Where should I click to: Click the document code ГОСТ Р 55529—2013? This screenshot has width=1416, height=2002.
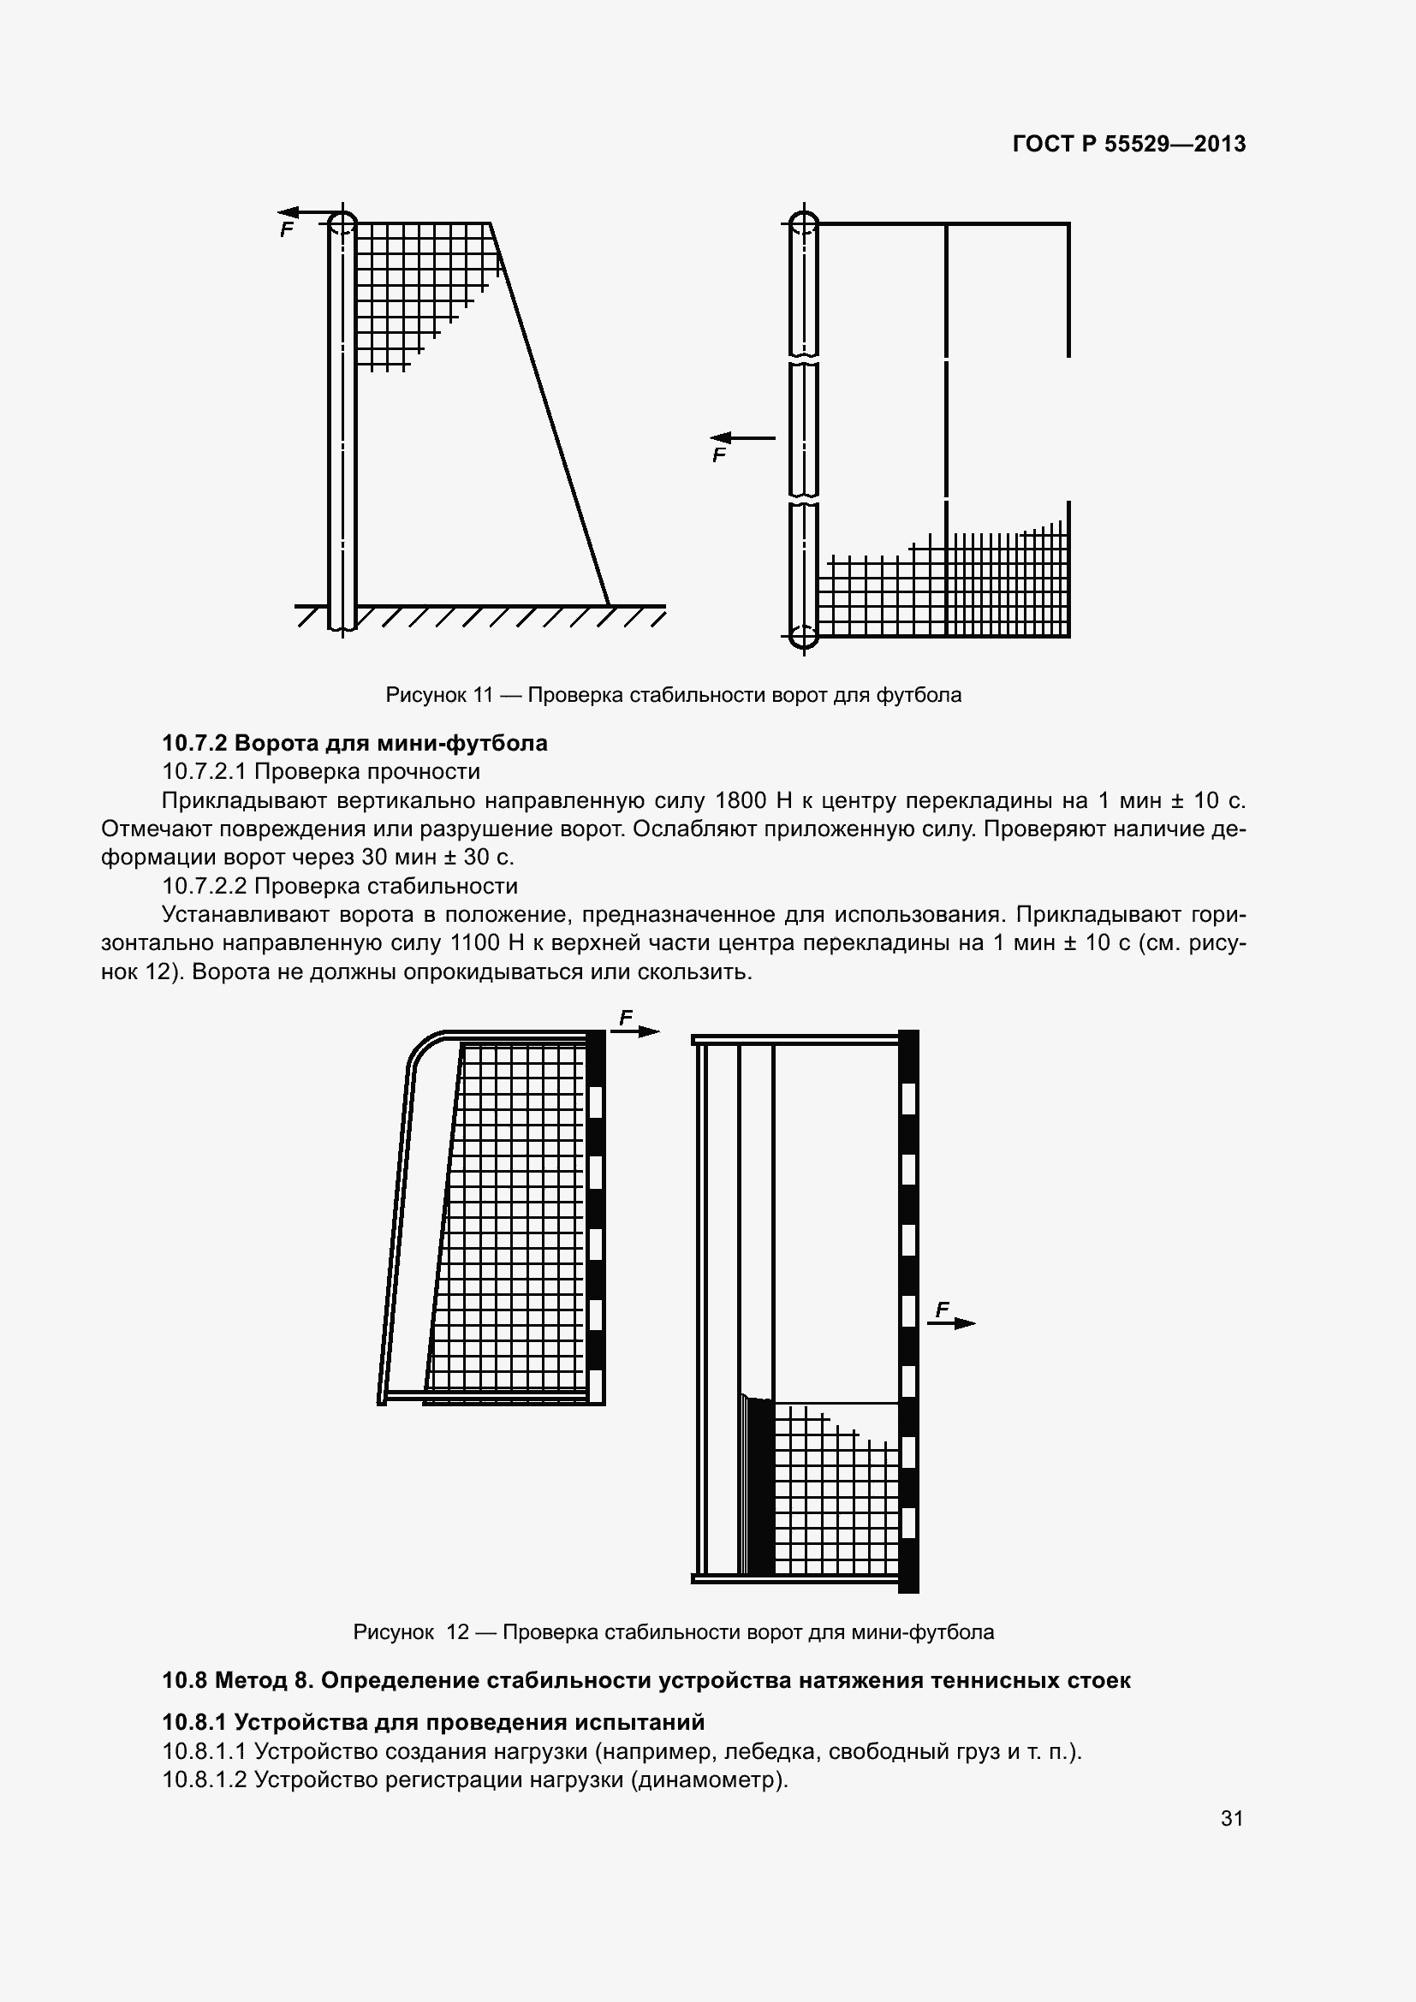pos(1129,144)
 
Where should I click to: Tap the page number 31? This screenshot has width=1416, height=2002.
pos(1231,1818)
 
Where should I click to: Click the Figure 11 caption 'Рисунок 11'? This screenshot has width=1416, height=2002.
pos(438,695)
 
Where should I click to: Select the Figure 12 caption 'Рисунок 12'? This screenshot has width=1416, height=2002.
pos(411,1631)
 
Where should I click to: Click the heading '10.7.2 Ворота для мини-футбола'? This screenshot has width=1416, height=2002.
pos(355,743)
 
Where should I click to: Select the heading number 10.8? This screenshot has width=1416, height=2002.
pos(184,1680)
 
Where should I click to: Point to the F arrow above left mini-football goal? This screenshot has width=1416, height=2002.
pos(634,1031)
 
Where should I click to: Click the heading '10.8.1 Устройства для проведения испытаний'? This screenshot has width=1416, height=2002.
pos(433,1722)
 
